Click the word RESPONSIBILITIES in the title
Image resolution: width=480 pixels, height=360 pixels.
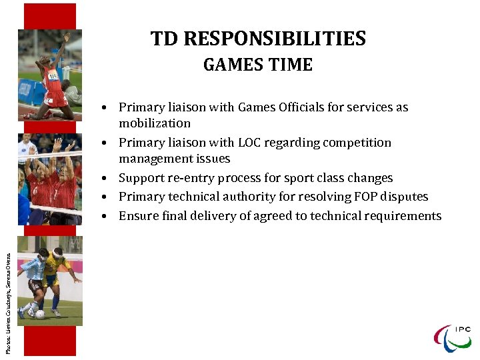(x=275, y=39)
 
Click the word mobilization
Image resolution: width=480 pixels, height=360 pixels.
(x=155, y=123)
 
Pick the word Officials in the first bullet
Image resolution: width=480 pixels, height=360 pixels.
(x=284, y=107)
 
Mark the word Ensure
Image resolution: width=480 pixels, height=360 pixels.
(x=138, y=216)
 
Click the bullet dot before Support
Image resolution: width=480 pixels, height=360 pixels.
(x=106, y=179)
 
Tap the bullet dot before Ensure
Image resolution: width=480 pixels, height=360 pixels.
(x=106, y=217)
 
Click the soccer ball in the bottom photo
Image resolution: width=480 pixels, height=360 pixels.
(x=41, y=314)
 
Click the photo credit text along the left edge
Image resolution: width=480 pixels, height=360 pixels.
(x=8, y=293)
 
